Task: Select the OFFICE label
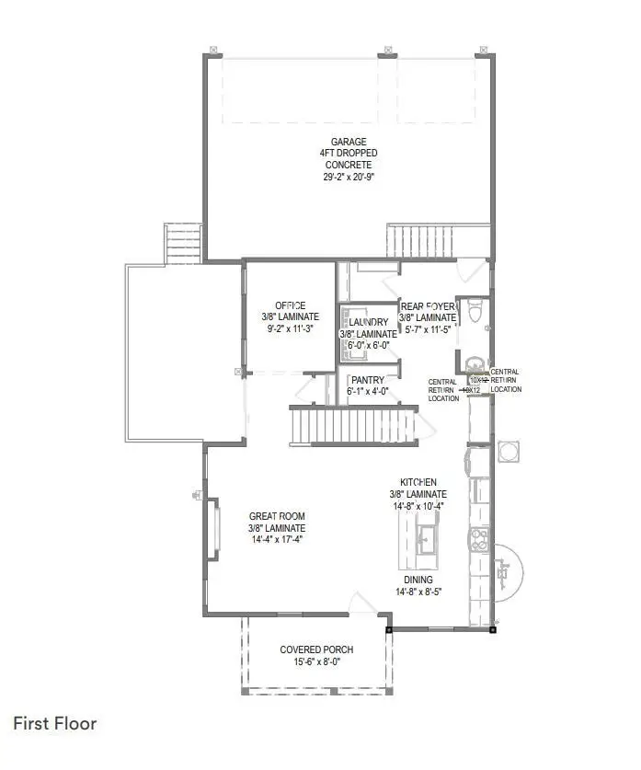290,305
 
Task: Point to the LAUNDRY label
367,322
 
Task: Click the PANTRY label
367,380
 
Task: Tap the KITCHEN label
418,482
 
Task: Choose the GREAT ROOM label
277,516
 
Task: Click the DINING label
418,580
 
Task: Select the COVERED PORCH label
316,649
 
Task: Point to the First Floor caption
54,724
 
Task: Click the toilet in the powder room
475,313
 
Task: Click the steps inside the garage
419,241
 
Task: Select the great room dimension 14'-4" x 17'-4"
277,539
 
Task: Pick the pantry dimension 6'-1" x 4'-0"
367,392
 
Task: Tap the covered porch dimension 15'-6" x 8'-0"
316,662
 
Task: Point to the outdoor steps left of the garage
182,242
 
